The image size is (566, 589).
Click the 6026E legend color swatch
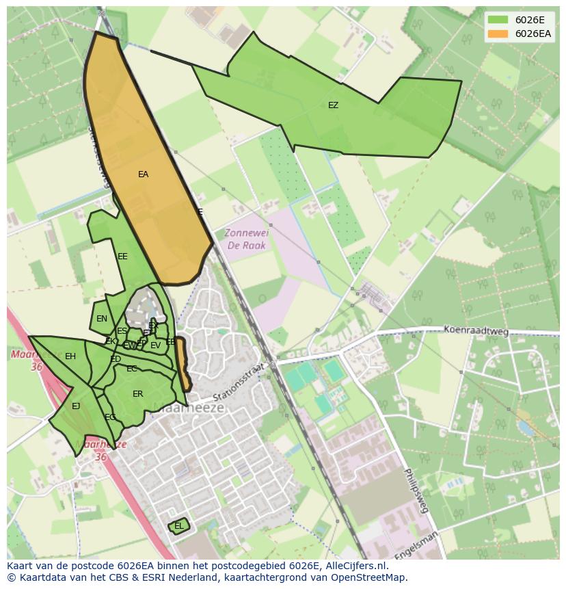click(x=498, y=20)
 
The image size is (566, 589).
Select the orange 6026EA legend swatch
click(x=498, y=34)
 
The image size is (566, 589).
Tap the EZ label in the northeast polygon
click(x=333, y=105)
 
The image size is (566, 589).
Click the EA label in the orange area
click(x=143, y=174)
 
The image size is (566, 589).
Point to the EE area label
click(x=122, y=257)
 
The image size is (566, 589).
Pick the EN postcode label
click(x=102, y=319)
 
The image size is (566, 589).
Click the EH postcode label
click(x=70, y=356)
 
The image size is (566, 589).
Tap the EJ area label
click(x=76, y=406)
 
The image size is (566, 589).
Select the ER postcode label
click(x=137, y=394)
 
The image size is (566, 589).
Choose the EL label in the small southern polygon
click(x=178, y=526)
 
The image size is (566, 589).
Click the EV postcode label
click(x=155, y=345)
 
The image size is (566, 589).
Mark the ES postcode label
click(x=122, y=331)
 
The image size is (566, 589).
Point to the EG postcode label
click(x=110, y=417)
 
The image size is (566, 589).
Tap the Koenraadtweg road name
click(x=476, y=330)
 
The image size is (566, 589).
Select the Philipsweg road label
click(x=415, y=490)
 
